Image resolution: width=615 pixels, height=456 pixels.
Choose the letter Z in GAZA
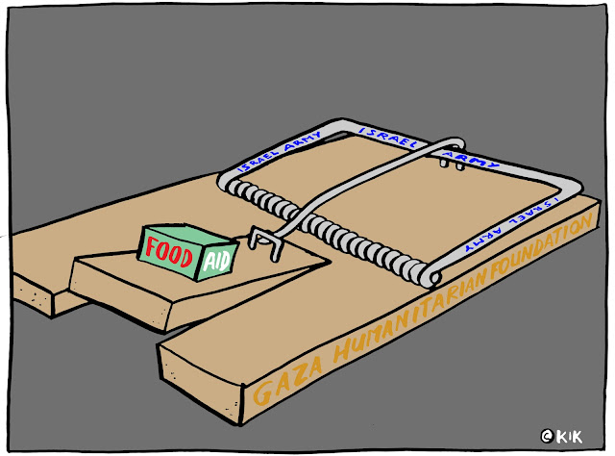284,382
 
